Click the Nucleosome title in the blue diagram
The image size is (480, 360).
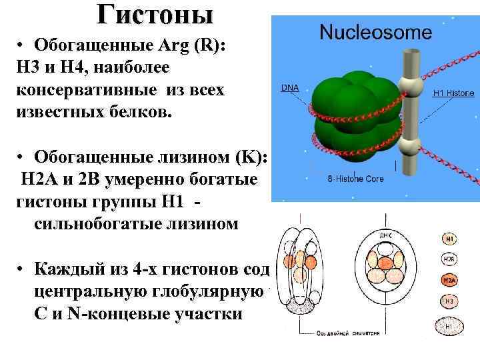pos(375,31)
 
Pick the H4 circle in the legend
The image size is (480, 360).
pos(450,238)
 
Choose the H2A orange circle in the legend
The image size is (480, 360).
pos(450,281)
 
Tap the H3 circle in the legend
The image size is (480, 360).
pos(450,303)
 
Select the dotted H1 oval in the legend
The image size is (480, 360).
pos(449,327)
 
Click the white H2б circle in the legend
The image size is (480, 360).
pos(450,259)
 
